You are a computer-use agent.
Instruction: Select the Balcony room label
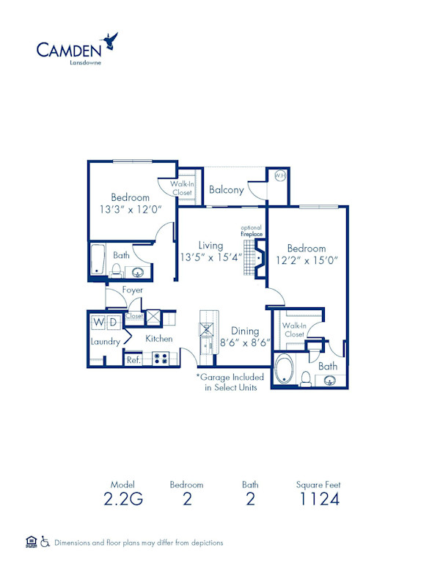(x=226, y=190)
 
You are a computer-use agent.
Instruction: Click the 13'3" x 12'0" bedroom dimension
(x=131, y=210)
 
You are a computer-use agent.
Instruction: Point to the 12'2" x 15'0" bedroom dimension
(x=306, y=261)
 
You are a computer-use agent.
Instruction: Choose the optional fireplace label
(x=252, y=231)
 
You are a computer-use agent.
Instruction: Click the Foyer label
(x=133, y=290)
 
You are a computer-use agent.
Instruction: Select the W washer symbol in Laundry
(x=98, y=323)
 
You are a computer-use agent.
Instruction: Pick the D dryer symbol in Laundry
(x=114, y=323)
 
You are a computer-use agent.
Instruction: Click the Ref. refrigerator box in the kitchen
(x=133, y=360)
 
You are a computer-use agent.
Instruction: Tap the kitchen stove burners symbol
(x=161, y=359)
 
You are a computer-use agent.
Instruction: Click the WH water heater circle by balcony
(x=279, y=176)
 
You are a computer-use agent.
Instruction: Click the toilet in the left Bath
(x=116, y=270)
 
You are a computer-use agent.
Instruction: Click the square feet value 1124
(x=318, y=501)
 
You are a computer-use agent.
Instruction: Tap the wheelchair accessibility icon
(x=44, y=543)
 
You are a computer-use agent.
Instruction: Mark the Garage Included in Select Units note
(x=230, y=382)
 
